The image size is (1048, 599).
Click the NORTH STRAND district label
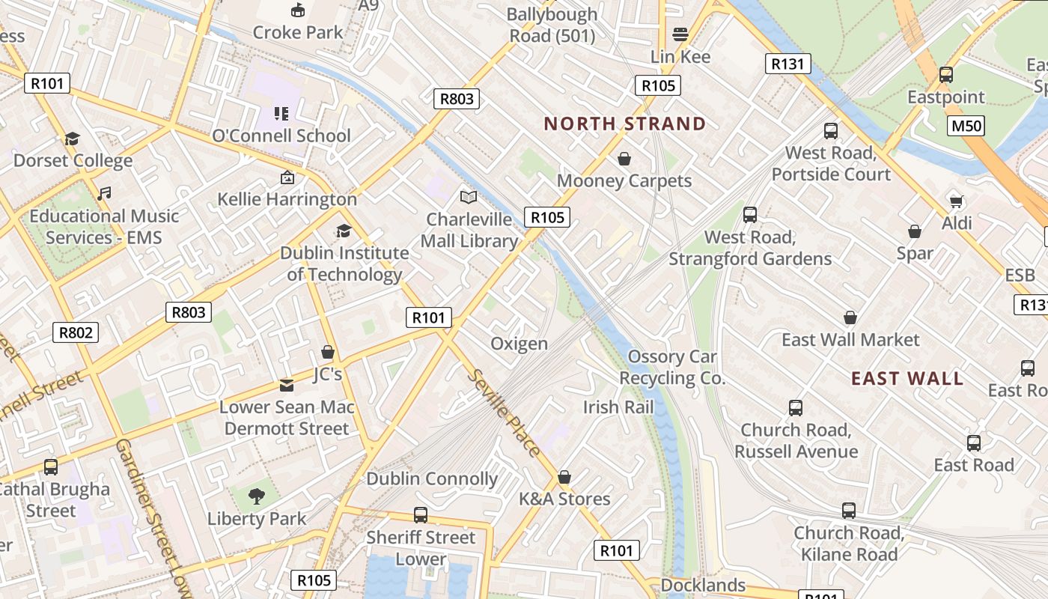pyautogui.click(x=624, y=124)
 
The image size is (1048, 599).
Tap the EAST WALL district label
pyautogui.click(x=907, y=378)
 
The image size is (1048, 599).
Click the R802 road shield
pyautogui.click(x=76, y=332)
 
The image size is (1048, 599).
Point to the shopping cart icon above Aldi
pyautogui.click(x=956, y=201)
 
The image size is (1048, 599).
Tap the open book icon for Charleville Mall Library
pyautogui.click(x=469, y=198)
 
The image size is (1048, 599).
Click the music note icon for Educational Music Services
pyautogui.click(x=104, y=194)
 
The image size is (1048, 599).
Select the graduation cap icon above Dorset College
pyautogui.click(x=72, y=139)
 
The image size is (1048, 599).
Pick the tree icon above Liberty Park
pyautogui.click(x=257, y=496)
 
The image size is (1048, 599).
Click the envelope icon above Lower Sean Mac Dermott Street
pyautogui.click(x=286, y=385)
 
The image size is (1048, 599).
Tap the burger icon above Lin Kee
pyautogui.click(x=680, y=34)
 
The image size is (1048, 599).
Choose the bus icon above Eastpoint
pyautogui.click(x=946, y=75)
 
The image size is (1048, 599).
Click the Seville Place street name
pyautogui.click(x=503, y=412)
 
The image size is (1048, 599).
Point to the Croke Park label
pyautogui.click(x=297, y=32)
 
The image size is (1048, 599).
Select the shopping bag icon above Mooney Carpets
pyautogui.click(x=624, y=159)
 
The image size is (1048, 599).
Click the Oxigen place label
pyautogui.click(x=519, y=344)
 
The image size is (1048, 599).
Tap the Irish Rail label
pyautogui.click(x=618, y=407)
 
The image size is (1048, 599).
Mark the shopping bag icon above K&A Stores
pyautogui.click(x=564, y=477)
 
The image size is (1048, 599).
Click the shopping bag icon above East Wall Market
pyautogui.click(x=850, y=317)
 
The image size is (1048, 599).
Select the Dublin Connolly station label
pyautogui.click(x=432, y=479)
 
